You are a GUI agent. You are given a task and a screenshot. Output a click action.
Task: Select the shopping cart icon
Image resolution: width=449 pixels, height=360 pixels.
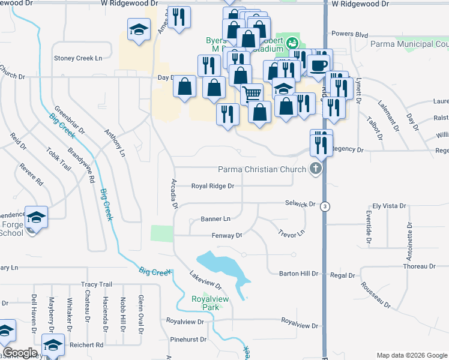pyautogui.click(x=252, y=93)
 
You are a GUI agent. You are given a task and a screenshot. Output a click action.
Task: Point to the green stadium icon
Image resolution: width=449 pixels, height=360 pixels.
pyautogui.click(x=292, y=43)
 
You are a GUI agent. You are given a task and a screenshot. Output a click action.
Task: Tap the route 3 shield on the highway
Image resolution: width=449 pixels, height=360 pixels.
pyautogui.click(x=325, y=206)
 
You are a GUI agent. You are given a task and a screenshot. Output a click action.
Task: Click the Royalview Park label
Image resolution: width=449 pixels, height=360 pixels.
pyautogui.click(x=205, y=303)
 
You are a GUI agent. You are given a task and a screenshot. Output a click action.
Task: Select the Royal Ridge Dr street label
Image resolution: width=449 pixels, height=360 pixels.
pyautogui.click(x=212, y=186)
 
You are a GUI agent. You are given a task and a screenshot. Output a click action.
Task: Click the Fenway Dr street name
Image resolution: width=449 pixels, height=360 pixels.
pyautogui.click(x=226, y=236)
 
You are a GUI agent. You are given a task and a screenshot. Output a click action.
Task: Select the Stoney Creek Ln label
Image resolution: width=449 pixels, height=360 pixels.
pyautogui.click(x=79, y=58)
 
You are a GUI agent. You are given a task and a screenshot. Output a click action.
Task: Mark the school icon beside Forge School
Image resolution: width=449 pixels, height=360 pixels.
pyautogui.click(x=36, y=217)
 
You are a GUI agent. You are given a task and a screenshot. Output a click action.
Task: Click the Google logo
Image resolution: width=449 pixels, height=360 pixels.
pyautogui.click(x=20, y=353)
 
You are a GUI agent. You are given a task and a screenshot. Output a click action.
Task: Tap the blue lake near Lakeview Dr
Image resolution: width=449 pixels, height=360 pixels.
pyautogui.click(x=222, y=265)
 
